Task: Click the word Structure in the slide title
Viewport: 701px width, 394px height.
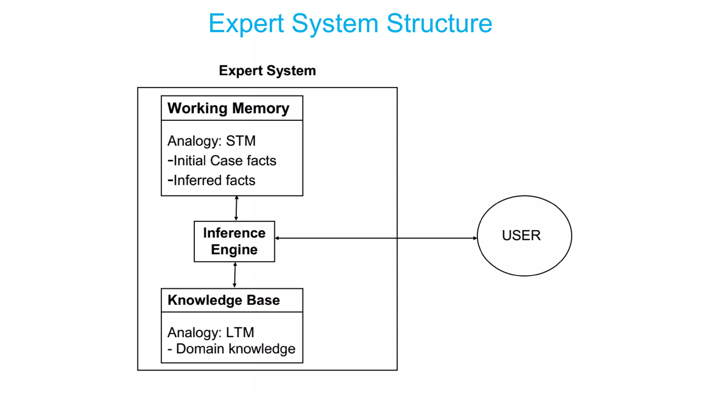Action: (x=439, y=23)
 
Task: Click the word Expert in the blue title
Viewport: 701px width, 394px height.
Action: (x=246, y=23)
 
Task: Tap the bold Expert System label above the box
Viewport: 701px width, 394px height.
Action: (x=267, y=70)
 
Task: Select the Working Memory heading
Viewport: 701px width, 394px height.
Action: (x=228, y=108)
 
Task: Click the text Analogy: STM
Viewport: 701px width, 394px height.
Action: (x=212, y=141)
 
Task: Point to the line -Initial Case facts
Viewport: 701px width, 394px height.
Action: (x=222, y=160)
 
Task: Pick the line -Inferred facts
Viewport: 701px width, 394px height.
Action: (x=212, y=180)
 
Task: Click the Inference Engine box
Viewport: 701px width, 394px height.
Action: (x=234, y=241)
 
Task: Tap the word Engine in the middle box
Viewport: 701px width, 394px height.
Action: (x=234, y=250)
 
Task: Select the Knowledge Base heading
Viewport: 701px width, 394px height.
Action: (x=224, y=300)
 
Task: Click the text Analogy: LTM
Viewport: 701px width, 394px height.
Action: (x=211, y=332)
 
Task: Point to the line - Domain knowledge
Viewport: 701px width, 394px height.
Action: (x=231, y=349)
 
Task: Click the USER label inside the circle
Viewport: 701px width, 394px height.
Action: (x=521, y=235)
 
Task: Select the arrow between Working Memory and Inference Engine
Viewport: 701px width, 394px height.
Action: (x=236, y=208)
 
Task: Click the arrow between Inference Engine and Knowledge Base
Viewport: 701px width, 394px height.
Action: (x=235, y=275)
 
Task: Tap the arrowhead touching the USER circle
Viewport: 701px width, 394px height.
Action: (x=475, y=238)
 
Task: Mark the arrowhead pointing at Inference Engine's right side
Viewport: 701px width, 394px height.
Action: (x=277, y=238)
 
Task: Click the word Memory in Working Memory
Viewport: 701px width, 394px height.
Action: (x=261, y=108)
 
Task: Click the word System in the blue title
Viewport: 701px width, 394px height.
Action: (x=335, y=23)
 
